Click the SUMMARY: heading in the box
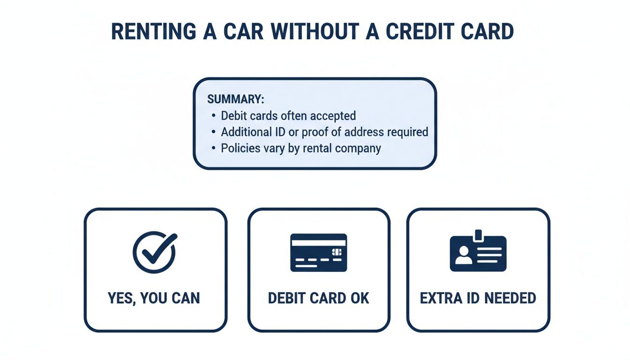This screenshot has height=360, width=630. [x=236, y=99]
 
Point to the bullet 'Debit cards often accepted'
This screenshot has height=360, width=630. [x=288, y=116]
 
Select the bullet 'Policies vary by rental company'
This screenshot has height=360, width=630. [x=301, y=149]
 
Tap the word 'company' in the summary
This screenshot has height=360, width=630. [x=360, y=149]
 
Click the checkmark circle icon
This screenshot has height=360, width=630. [x=154, y=252]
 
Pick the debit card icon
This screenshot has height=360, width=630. [x=319, y=252]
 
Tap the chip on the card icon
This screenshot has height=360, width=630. [x=336, y=252]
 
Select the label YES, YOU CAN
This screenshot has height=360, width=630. [x=154, y=298]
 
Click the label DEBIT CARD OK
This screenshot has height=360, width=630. [x=319, y=298]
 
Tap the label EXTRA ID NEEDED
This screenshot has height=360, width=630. [x=478, y=298]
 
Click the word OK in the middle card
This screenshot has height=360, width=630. [x=360, y=298]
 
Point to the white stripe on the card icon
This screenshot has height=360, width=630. [x=319, y=242]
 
